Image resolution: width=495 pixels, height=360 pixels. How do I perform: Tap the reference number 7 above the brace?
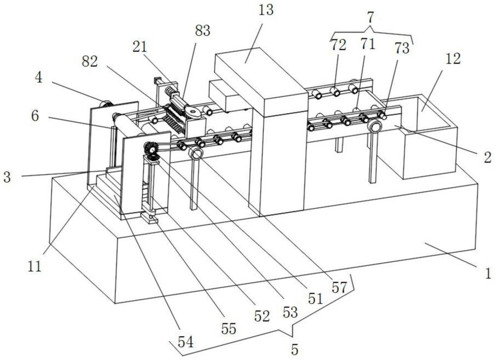(370, 18)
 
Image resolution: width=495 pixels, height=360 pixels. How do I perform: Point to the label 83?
(202, 31)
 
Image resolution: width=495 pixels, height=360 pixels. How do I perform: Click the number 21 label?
(140, 47)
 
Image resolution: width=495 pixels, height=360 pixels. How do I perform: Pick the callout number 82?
(90, 61)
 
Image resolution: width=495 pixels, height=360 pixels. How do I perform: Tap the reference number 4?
(38, 77)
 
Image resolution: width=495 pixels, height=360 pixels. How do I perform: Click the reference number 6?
(35, 116)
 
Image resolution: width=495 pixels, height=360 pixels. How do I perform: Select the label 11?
(35, 267)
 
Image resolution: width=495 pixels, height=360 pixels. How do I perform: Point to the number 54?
(186, 342)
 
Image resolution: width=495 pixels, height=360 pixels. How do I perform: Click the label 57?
(339, 287)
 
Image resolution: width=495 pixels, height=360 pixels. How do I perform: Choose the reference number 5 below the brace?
(295, 349)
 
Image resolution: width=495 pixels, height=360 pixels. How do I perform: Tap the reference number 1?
(488, 272)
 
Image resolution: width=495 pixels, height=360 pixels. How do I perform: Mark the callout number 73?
(401, 48)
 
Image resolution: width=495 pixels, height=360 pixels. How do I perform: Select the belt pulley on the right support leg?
(374, 127)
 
